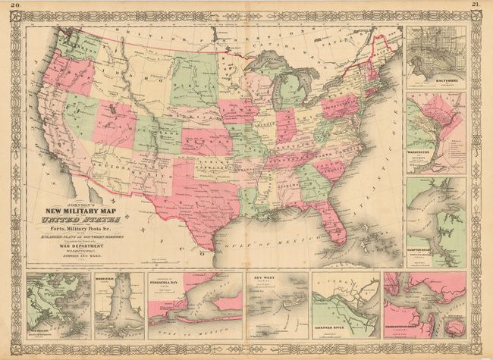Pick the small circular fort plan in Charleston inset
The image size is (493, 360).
[x=454, y=327]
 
